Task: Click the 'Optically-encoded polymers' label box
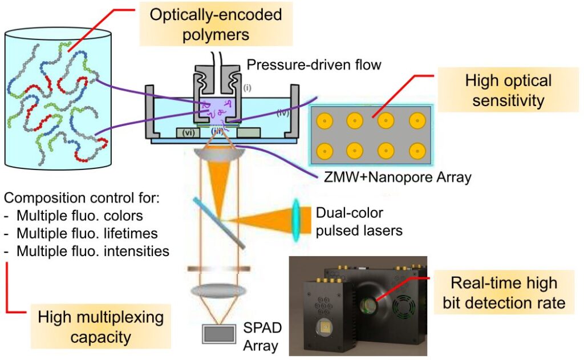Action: click(x=216, y=24)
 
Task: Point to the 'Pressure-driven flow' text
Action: click(x=314, y=65)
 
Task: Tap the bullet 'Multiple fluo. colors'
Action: click(x=80, y=216)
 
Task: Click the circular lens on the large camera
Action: click(x=368, y=302)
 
